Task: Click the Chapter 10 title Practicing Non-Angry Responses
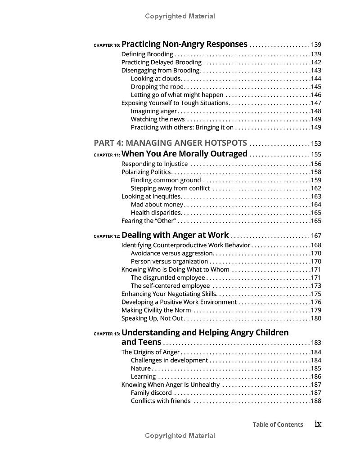[184, 44]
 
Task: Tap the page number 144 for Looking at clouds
[316, 79]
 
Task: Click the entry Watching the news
[157, 119]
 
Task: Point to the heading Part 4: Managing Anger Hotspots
[170, 143]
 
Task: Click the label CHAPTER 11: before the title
[107, 155]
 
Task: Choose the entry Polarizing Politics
[146, 172]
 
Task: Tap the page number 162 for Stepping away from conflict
[316, 188]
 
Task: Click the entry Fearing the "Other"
[148, 221]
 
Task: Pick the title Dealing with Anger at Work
[175, 235]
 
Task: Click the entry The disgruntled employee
[167, 278]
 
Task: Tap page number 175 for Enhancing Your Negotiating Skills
[316, 294]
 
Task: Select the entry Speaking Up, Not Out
[152, 318]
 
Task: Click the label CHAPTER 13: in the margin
[107, 334]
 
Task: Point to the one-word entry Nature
[141, 369]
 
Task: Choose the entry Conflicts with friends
[160, 401]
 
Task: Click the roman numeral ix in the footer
[318, 424]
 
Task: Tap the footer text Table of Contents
[278, 424]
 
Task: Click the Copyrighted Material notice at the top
[180, 16]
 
